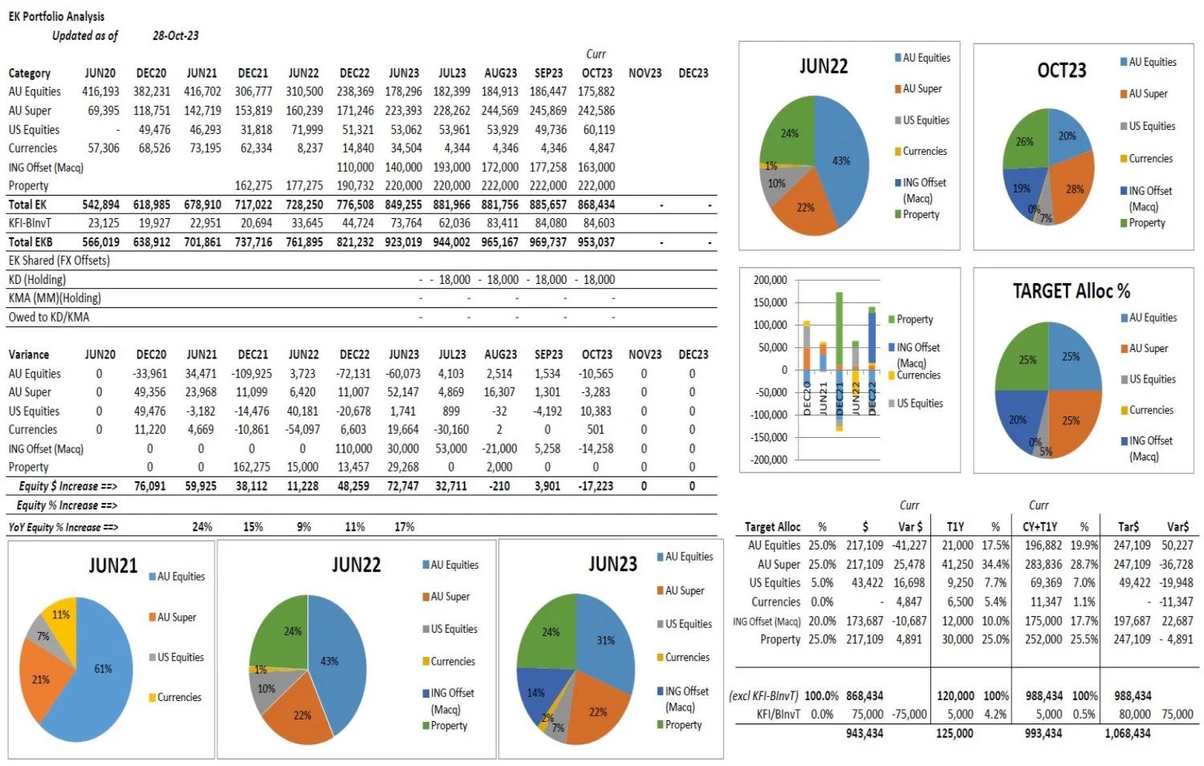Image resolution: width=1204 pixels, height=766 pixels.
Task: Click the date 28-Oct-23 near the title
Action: (175, 35)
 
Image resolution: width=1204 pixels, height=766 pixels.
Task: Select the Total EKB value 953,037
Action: (596, 241)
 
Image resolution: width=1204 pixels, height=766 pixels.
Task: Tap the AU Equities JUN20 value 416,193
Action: (100, 91)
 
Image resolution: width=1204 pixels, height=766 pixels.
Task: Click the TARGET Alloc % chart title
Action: (1071, 291)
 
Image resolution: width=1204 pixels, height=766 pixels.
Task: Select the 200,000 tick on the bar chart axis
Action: (770, 280)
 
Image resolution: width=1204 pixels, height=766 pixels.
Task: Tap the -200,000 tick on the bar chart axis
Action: (768, 460)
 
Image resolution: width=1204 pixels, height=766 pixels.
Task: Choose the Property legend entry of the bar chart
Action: (914, 319)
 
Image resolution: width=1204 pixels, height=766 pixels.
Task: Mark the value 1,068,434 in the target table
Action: (1127, 733)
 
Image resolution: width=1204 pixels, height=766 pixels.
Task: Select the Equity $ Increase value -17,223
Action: (596, 486)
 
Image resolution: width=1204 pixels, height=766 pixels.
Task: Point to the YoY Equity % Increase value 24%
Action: (202, 527)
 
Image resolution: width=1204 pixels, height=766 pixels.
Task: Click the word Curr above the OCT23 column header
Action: (596, 54)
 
